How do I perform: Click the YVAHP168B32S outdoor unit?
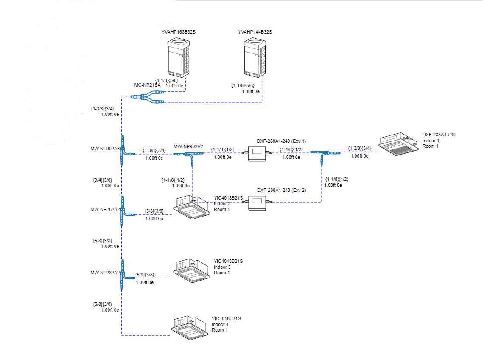coord(179,57)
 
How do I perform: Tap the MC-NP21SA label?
coord(147,85)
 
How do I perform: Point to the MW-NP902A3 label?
coord(105,149)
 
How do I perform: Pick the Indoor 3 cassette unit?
coord(192,271)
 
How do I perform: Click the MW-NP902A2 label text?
coord(188,146)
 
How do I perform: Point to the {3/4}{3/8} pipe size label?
coord(102,180)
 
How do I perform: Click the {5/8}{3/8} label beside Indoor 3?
coord(145,275)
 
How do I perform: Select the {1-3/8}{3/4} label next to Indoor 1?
coord(359,149)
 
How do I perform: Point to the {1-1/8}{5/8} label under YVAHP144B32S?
coord(243,85)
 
